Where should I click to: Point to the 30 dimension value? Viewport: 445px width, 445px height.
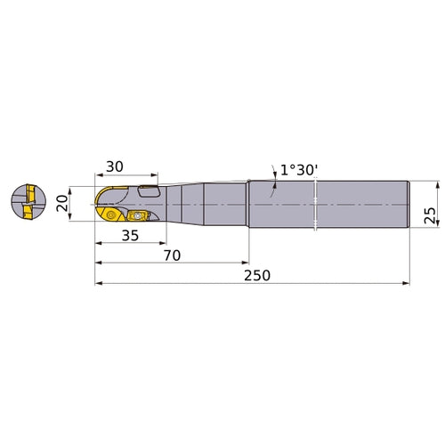116,166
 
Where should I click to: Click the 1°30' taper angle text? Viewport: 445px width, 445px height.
296,169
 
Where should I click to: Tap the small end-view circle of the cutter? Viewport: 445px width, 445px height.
28,204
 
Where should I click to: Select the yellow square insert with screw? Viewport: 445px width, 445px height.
138,215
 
